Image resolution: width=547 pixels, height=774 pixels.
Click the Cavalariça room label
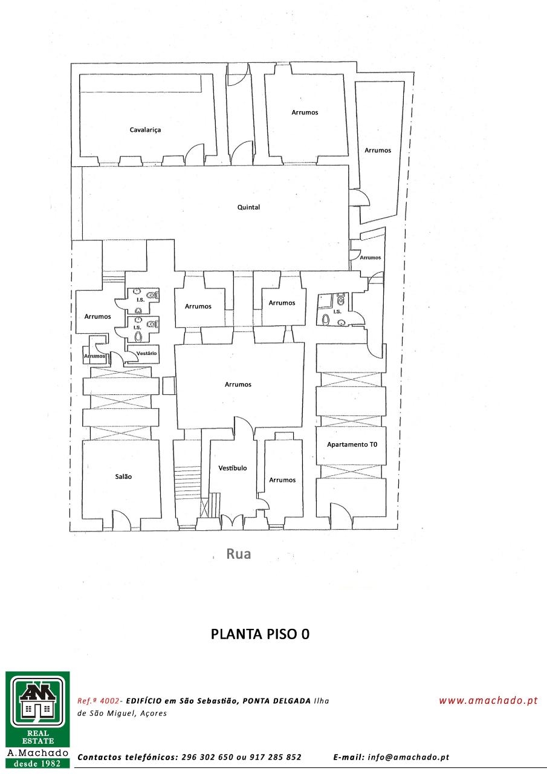[x=145, y=130]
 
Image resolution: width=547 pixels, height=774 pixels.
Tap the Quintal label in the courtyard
[x=248, y=207]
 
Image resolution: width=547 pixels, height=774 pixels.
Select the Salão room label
[x=123, y=476]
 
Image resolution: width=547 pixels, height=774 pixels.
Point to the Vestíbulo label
[x=233, y=468]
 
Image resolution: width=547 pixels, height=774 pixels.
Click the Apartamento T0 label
[x=352, y=444]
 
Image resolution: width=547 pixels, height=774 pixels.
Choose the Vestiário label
[x=146, y=353]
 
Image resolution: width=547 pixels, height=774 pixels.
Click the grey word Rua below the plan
[x=239, y=553]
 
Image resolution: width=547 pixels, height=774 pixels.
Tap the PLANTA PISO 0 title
[x=260, y=634]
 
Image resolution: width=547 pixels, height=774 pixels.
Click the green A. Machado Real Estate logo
[x=37, y=721]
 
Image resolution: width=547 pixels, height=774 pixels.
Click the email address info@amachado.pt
[x=409, y=757]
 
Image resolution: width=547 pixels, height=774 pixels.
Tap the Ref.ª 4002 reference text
[x=99, y=701]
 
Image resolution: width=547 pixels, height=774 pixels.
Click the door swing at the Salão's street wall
[x=121, y=519]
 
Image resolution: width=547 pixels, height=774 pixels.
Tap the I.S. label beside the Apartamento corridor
[x=337, y=311]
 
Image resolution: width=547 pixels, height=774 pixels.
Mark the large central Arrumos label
[x=238, y=384]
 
